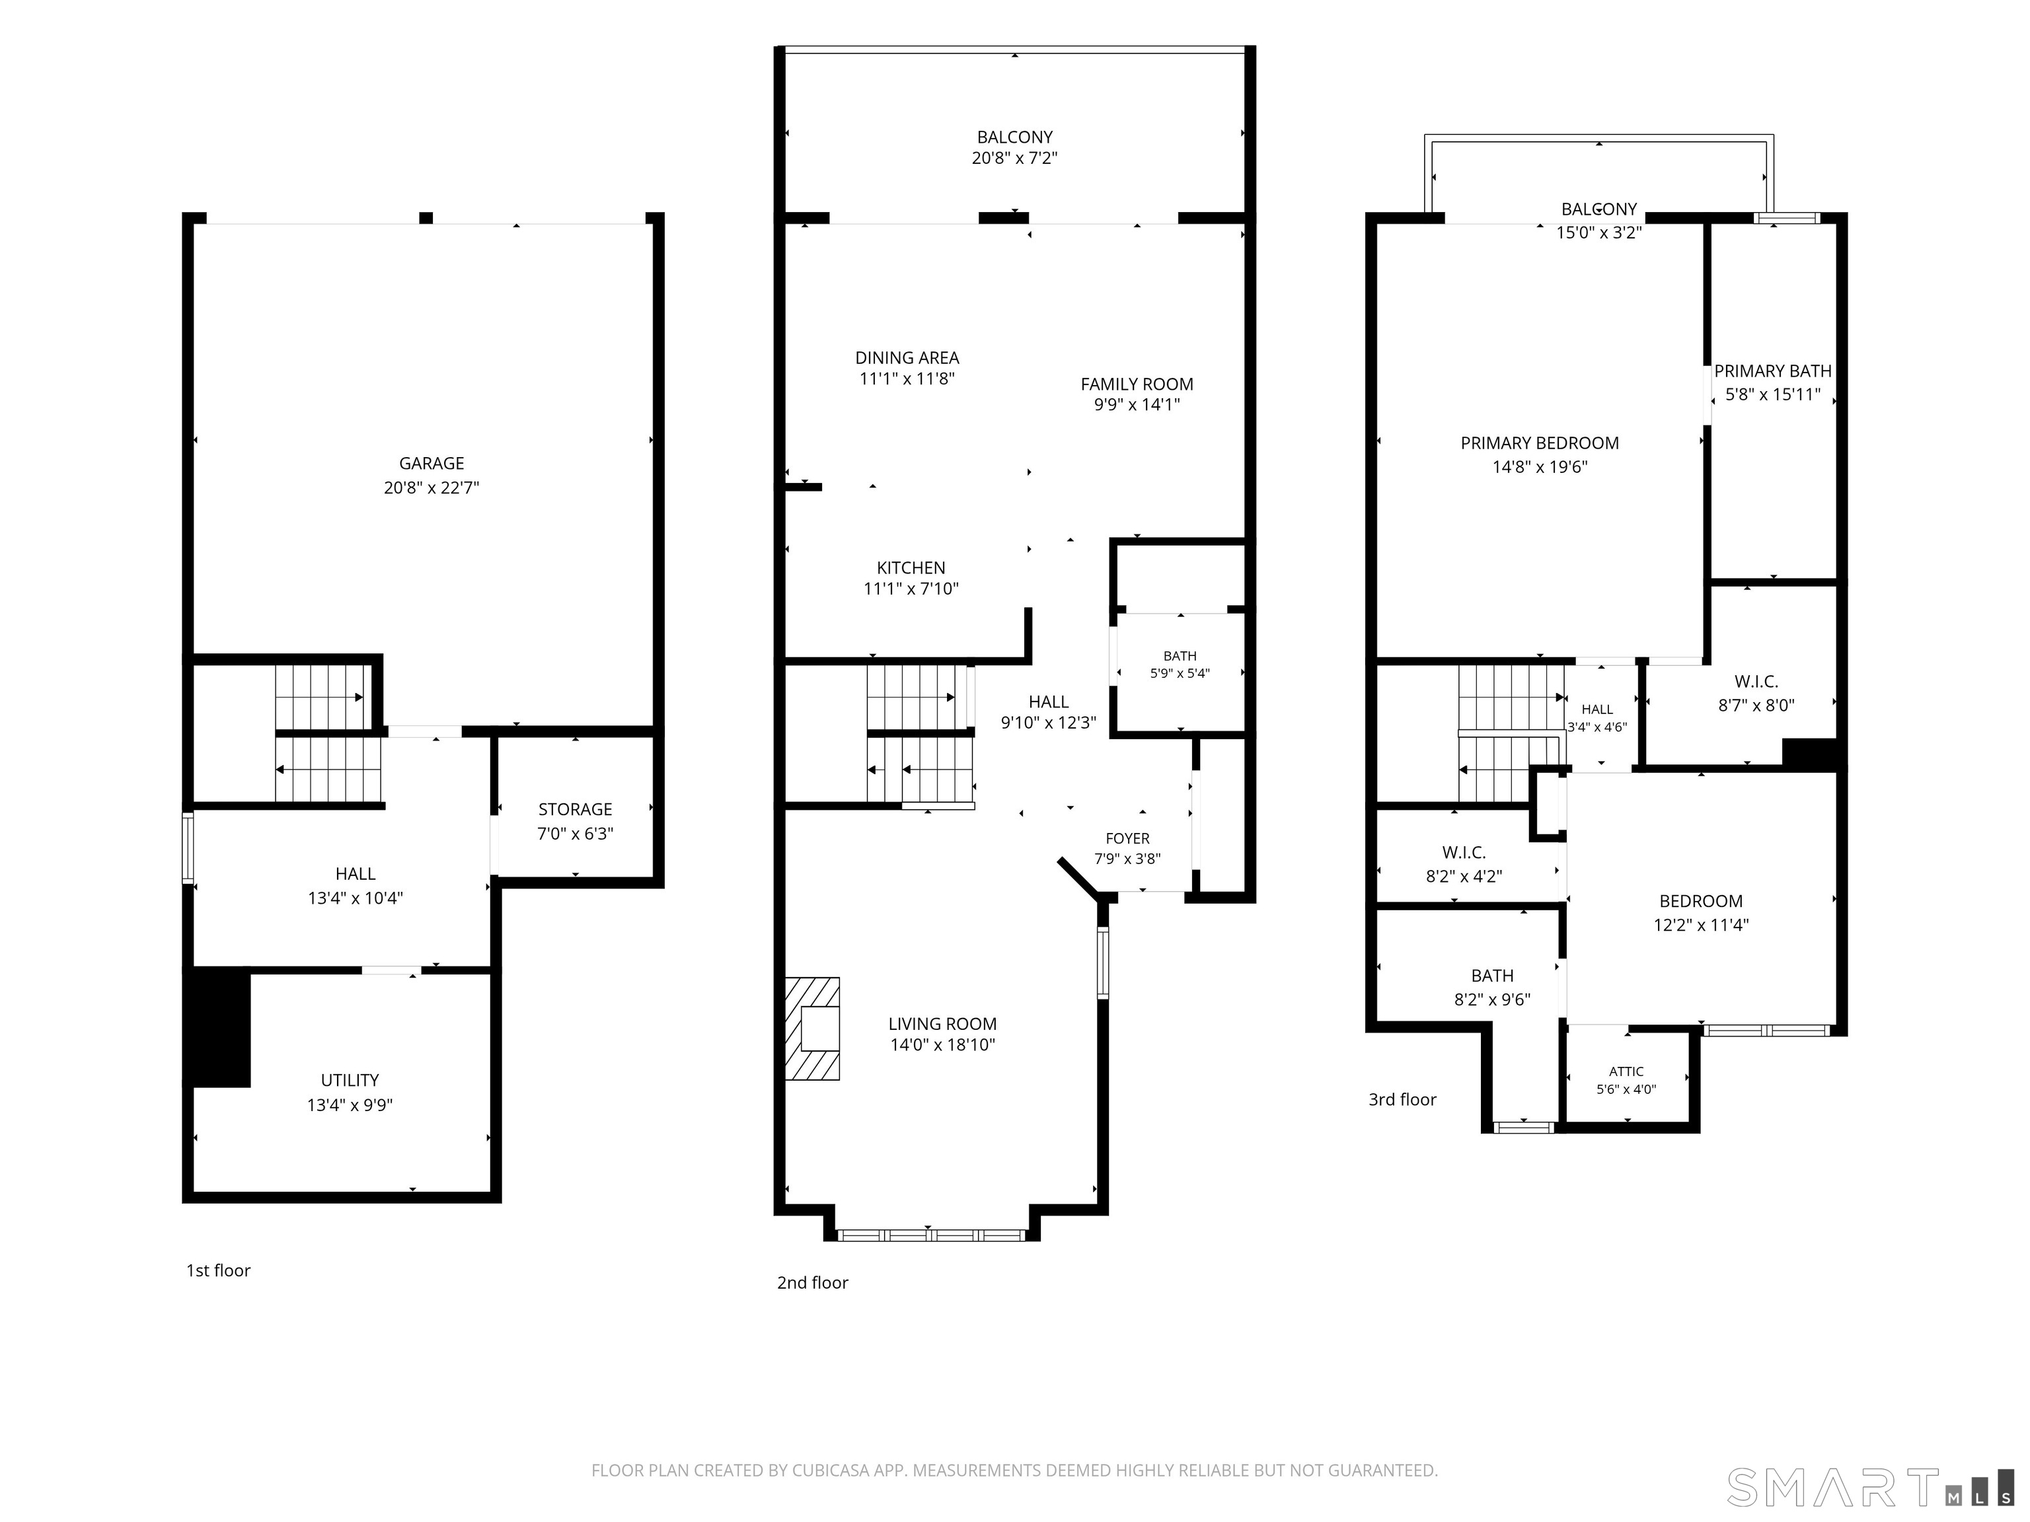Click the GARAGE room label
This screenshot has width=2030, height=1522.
(x=432, y=463)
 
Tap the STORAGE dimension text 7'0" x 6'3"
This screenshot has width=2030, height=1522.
(x=576, y=833)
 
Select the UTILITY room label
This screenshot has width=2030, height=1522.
(x=350, y=1080)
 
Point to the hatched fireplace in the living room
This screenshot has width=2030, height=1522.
(x=812, y=1029)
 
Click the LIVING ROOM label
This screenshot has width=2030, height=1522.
(x=942, y=1024)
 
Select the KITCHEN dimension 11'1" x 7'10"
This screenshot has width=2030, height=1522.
(x=911, y=589)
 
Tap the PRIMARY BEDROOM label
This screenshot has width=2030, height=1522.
(x=1540, y=443)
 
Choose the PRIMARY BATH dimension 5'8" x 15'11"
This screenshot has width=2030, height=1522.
(x=1773, y=396)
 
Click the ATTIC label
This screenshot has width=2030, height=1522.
(x=1626, y=1071)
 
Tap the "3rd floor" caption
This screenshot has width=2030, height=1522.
(x=1402, y=1099)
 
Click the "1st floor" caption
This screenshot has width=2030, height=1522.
(x=219, y=1270)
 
